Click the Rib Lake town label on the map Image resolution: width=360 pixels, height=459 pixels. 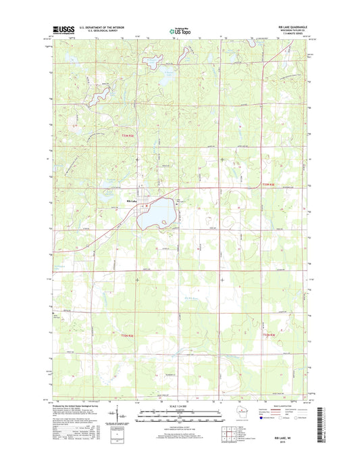point(132,201)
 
